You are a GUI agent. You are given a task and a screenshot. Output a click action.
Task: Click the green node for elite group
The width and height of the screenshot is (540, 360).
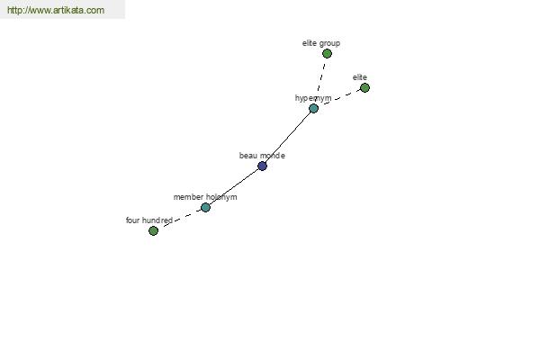[327, 53]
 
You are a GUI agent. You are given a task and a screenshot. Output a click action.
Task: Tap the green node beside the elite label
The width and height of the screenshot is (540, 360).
[364, 88]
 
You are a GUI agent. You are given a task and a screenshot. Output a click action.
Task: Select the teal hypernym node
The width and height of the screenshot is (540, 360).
[313, 109]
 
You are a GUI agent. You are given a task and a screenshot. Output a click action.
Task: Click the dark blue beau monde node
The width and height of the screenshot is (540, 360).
[262, 166]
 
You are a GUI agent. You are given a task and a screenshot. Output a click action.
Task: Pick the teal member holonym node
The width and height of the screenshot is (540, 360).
[205, 207]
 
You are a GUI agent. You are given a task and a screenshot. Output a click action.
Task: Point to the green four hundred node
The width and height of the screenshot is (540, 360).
[153, 230]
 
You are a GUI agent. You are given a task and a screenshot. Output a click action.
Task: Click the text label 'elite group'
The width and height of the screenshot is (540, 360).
[321, 43]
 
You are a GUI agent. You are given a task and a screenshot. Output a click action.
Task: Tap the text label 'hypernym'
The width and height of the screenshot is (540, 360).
[313, 98]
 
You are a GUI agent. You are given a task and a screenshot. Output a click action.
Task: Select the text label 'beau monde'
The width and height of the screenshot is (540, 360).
[262, 156]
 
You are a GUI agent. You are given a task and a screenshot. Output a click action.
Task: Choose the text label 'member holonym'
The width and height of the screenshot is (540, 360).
[205, 197]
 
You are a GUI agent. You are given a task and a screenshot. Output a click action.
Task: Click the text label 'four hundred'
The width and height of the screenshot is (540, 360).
[149, 220]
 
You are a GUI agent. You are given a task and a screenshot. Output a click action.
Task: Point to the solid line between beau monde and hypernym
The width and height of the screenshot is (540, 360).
[288, 137]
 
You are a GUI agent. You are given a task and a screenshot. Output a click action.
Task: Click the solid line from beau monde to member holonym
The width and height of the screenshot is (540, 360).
[234, 186]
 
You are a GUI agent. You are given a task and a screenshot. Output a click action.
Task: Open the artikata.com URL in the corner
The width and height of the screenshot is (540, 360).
[56, 10]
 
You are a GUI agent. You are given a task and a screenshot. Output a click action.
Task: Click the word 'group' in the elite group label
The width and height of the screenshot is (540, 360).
[329, 43]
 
